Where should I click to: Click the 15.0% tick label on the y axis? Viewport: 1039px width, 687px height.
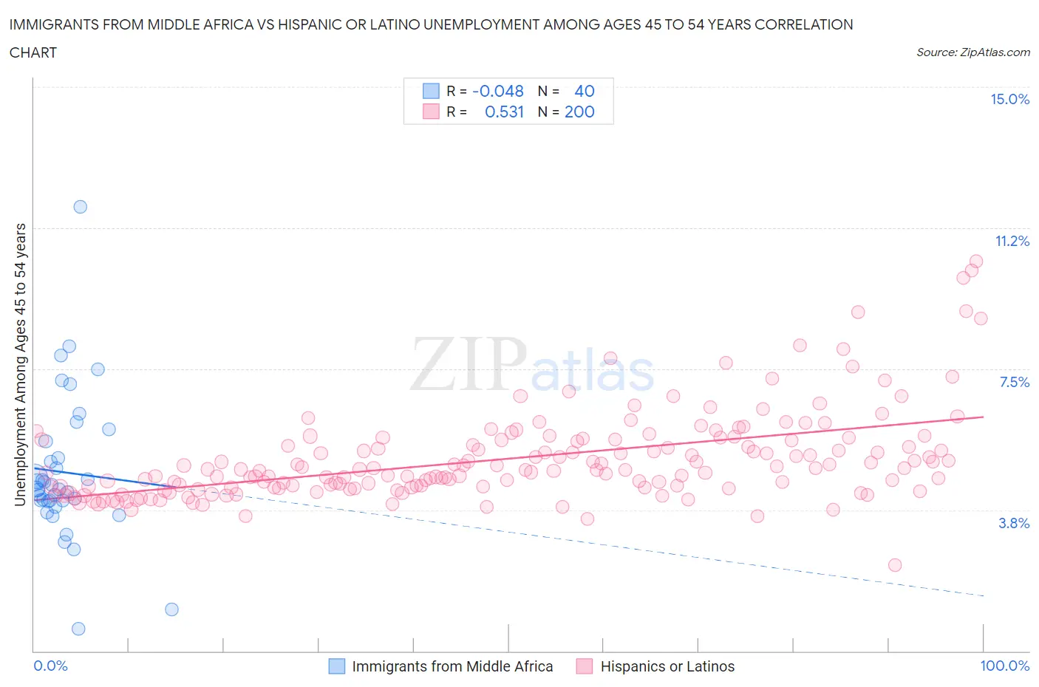click(1009, 100)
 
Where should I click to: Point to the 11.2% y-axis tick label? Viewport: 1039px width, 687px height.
click(1012, 241)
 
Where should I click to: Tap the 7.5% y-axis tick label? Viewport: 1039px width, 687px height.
click(1014, 382)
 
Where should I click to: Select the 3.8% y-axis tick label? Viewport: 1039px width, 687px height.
click(1014, 523)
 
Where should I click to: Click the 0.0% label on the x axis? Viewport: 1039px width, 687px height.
click(50, 666)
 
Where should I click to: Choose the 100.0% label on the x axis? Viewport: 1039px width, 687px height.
click(1004, 666)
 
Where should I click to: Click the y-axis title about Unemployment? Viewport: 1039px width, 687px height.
click(20, 365)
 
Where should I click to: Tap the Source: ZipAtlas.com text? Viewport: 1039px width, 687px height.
click(972, 52)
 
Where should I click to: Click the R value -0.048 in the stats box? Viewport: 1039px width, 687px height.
click(497, 91)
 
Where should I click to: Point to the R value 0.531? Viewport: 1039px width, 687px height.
click(504, 112)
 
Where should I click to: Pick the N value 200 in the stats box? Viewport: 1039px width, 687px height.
click(579, 112)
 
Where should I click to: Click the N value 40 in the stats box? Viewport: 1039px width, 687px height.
click(584, 91)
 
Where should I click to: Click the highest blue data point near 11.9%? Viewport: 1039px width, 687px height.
click(80, 207)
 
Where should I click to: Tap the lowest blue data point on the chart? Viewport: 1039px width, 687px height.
click(78, 629)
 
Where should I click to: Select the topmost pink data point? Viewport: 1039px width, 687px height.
click(975, 262)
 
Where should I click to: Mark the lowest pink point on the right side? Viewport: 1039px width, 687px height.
click(894, 565)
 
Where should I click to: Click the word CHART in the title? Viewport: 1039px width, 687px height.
click(33, 52)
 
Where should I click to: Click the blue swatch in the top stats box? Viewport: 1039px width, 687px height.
click(430, 91)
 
